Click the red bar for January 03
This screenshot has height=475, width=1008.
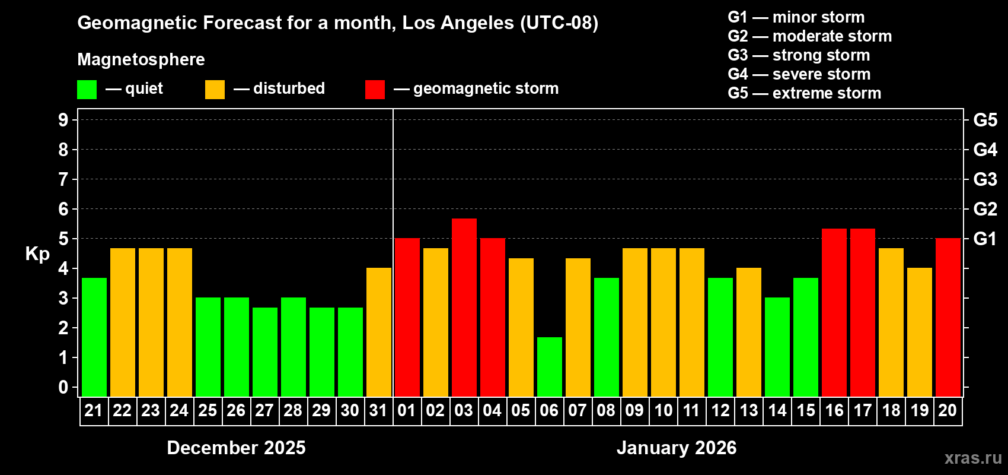pyautogui.click(x=464, y=308)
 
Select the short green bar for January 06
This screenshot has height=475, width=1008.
pyautogui.click(x=550, y=367)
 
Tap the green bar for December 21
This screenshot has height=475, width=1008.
pyautogui.click(x=94, y=337)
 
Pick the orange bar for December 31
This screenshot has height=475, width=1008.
pyautogui.click(x=379, y=332)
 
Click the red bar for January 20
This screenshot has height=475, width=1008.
pyautogui.click(x=948, y=318)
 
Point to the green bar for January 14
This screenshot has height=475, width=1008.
pyautogui.click(x=777, y=347)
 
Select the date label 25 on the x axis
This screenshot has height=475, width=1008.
pyautogui.click(x=208, y=410)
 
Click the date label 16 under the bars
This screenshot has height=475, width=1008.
pyautogui.click(x=834, y=410)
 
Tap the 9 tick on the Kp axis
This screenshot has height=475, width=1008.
pyautogui.click(x=63, y=120)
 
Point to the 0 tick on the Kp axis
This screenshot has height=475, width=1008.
pyautogui.click(x=63, y=387)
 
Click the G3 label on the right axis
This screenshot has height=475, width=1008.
pyautogui.click(x=985, y=179)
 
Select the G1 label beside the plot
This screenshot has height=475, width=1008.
pyautogui.click(x=985, y=239)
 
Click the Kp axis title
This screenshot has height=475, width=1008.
pyautogui.click(x=37, y=254)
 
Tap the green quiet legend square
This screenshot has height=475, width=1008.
pyautogui.click(x=87, y=90)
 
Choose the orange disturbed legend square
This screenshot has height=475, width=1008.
pyautogui.click(x=215, y=90)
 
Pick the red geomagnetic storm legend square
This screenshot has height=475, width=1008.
pyautogui.click(x=375, y=90)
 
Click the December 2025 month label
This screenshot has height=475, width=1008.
pyautogui.click(x=236, y=448)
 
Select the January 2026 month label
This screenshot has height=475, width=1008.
pyautogui.click(x=677, y=448)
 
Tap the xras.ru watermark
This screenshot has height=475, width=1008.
pyautogui.click(x=973, y=458)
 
